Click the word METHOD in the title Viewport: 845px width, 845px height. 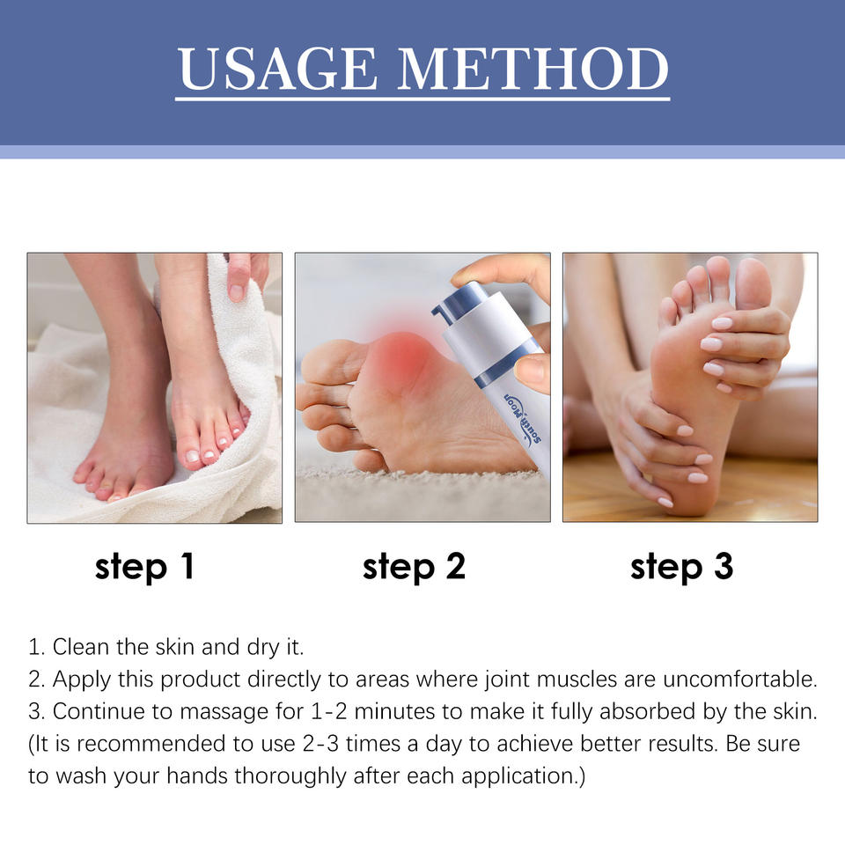[533, 69]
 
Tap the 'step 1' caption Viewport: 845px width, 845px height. [144, 568]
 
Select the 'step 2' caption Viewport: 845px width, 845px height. [414, 568]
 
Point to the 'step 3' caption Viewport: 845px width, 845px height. [681, 568]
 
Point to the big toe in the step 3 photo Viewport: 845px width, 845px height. [753, 283]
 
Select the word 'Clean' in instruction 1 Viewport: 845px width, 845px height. [81, 647]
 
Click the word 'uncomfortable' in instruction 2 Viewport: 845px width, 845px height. [740, 679]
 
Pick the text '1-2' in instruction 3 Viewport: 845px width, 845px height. [328, 711]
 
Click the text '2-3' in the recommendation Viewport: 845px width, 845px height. [320, 744]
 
